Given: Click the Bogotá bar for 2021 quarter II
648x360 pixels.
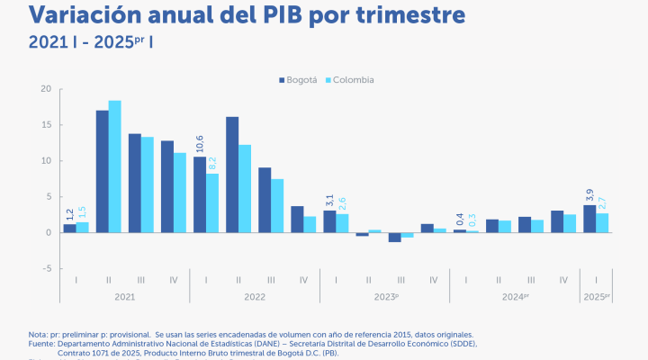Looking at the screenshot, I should pos(103,171).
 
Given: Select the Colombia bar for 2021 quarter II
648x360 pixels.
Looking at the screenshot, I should pos(115,166).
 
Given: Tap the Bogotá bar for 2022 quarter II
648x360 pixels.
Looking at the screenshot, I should pos(232,175).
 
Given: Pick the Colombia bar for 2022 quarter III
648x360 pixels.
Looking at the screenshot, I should pos(277,206).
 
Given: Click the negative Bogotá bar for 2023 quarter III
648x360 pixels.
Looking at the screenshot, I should pos(394,237).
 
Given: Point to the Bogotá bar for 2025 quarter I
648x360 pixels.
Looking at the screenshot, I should pos(589,219).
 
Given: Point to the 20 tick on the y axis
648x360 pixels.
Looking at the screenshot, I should pos(46,89).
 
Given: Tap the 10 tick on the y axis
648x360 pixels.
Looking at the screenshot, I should pos(46,161).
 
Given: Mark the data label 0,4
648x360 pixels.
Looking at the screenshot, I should pos(460,218).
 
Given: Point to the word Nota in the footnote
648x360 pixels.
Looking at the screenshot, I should pos(39,334).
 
